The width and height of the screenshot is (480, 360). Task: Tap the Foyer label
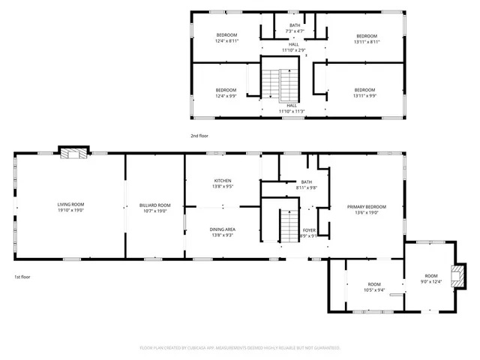point(309,232)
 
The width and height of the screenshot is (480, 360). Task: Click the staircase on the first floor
point(289,226)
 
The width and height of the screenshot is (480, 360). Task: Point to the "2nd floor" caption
point(199,136)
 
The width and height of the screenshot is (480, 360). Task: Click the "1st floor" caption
point(21,277)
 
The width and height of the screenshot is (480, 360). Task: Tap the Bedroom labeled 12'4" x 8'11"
point(227,38)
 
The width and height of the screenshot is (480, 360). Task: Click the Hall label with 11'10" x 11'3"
point(290,108)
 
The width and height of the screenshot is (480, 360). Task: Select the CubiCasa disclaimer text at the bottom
point(240,348)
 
